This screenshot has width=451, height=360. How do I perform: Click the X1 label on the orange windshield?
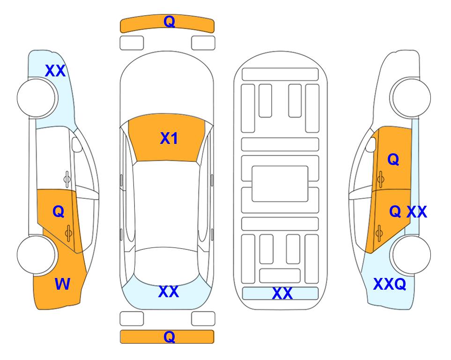(169, 138)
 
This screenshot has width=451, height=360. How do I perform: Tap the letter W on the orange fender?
(62, 284)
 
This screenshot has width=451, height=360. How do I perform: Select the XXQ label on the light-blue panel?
(390, 284)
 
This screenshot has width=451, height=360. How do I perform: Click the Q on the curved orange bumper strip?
(169, 22)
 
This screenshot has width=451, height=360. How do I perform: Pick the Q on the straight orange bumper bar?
(169, 337)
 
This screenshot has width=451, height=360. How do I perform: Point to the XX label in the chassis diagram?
(282, 293)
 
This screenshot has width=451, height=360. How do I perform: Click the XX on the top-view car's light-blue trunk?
(169, 292)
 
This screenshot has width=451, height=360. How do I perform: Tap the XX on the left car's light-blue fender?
(56, 71)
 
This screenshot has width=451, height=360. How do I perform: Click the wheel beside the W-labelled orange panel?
(37, 255)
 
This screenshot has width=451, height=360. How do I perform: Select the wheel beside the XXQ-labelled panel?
(411, 255)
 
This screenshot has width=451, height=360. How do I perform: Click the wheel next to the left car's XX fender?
(37, 98)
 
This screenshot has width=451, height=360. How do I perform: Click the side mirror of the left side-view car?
(77, 144)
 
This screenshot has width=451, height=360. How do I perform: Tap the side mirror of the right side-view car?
(371, 144)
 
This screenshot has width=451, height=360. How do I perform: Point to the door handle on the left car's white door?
(67, 179)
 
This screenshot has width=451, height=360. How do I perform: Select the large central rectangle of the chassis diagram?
(280, 184)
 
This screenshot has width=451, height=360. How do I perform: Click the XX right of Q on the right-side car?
(416, 212)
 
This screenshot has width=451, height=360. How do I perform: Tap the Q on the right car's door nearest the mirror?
(393, 159)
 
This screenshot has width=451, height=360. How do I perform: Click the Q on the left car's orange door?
(59, 212)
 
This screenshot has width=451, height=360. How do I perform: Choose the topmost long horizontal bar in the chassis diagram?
(280, 75)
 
